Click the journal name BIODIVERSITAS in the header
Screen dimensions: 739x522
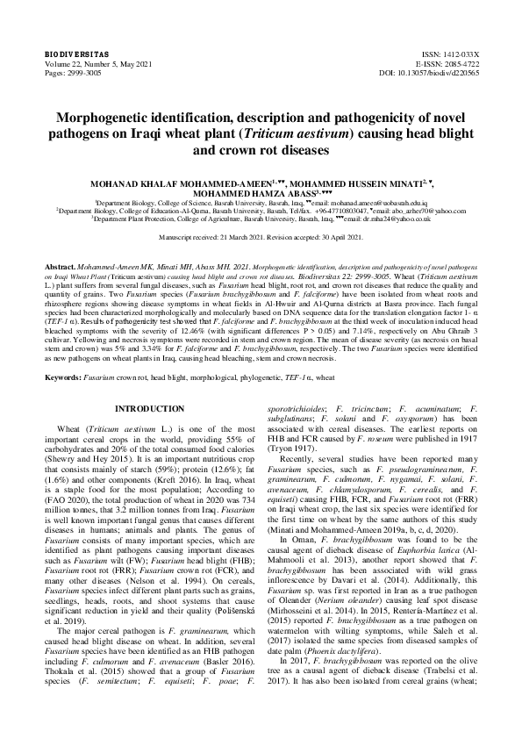point(70,54)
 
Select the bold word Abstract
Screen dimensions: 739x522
point(60,264)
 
